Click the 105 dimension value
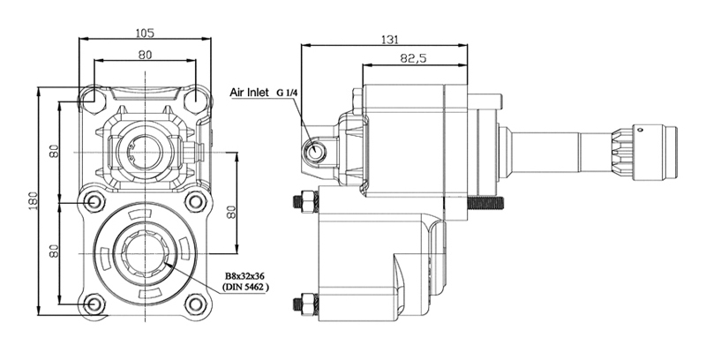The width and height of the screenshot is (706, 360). (145, 33)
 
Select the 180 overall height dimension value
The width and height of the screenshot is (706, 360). (33, 200)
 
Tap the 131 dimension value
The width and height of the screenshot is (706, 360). (390, 40)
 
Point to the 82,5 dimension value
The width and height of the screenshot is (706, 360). (413, 58)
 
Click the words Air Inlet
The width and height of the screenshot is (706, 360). (249, 93)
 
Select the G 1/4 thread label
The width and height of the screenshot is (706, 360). (287, 93)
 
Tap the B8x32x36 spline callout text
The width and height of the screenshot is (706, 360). (245, 276)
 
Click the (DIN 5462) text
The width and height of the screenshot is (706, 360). (245, 287)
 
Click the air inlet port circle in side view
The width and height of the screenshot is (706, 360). (314, 150)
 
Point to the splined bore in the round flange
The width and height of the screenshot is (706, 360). (145, 253)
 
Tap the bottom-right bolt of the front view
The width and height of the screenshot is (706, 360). (196, 304)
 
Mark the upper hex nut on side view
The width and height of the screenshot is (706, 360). (306, 200)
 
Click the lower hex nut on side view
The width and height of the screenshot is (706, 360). (306, 305)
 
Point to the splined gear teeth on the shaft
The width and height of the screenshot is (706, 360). (622, 153)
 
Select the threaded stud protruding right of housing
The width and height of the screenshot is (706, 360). (485, 203)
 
